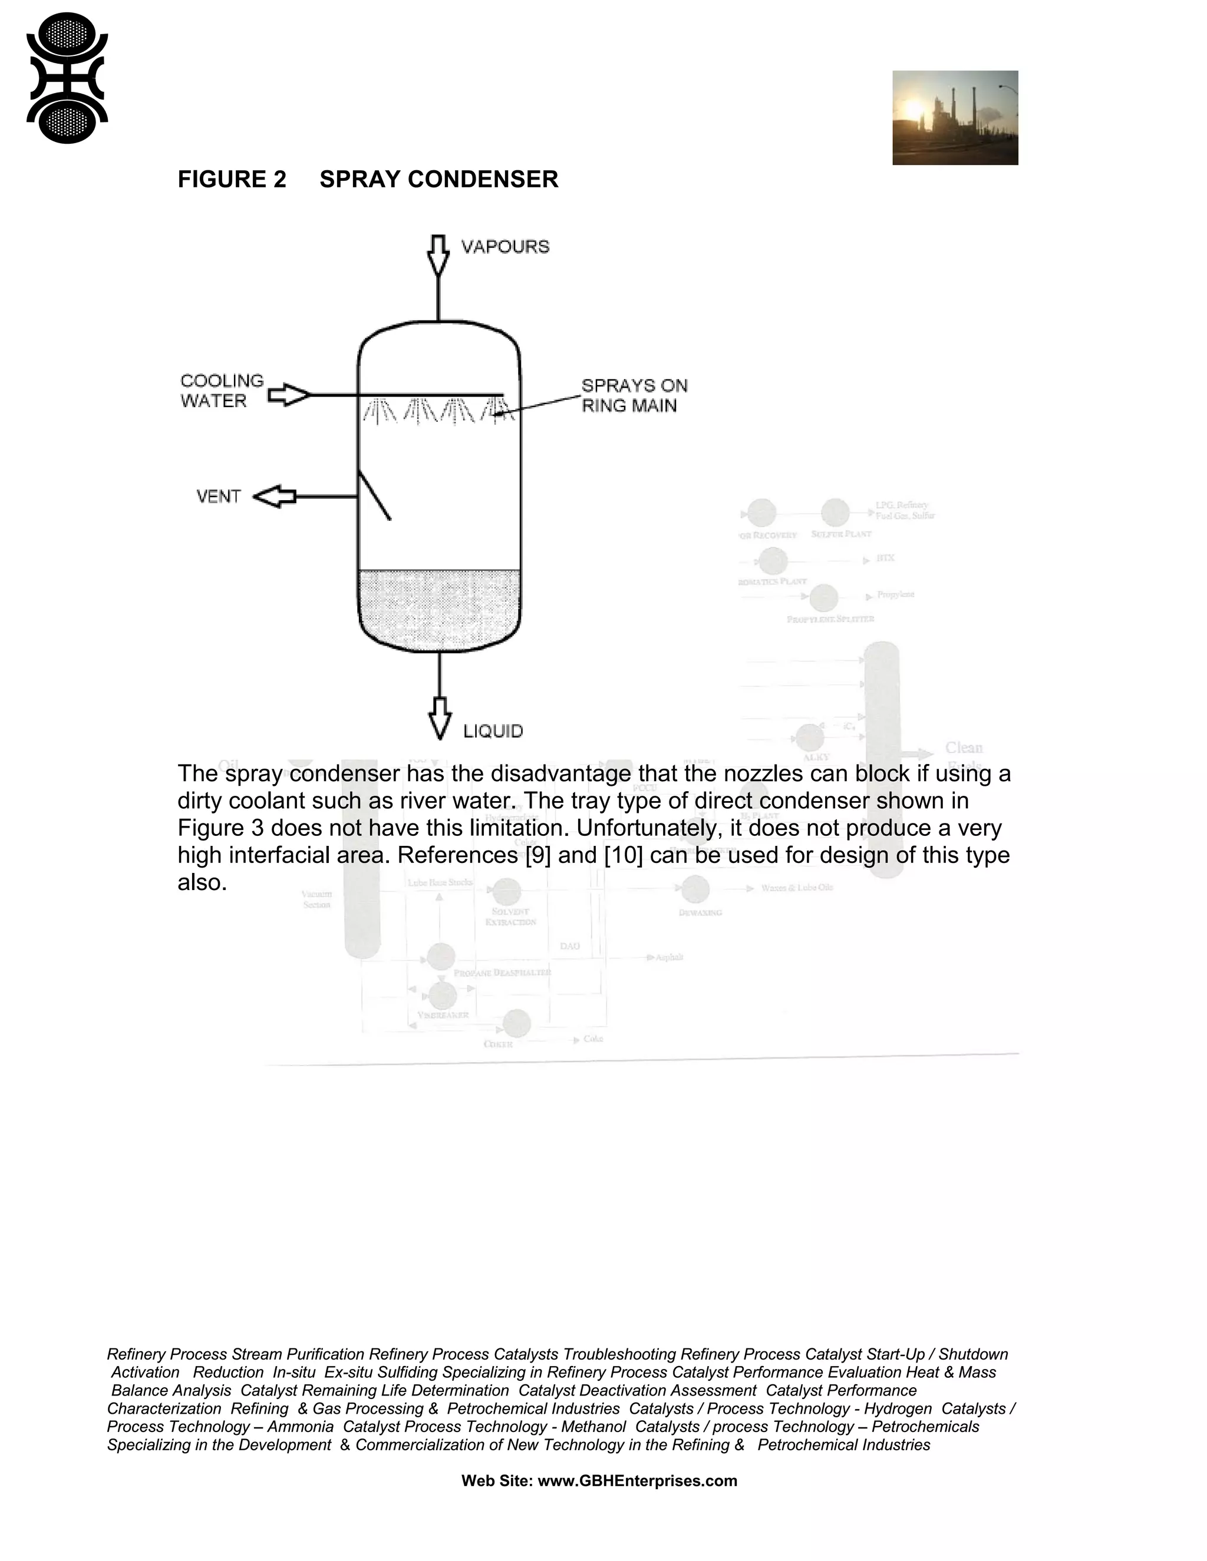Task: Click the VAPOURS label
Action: (505, 247)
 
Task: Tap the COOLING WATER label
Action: (222, 391)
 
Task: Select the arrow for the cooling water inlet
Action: (289, 395)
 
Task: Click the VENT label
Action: (218, 496)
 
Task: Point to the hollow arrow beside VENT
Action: (275, 496)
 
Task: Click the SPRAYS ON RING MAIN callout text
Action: (634, 395)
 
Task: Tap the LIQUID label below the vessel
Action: (493, 731)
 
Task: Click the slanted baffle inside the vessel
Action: (375, 495)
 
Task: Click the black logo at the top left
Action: (67, 78)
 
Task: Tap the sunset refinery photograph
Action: (955, 117)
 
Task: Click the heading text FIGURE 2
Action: (232, 180)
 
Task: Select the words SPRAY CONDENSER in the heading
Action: (438, 180)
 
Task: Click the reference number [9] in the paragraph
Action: (537, 855)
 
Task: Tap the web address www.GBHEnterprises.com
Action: (637, 1480)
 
